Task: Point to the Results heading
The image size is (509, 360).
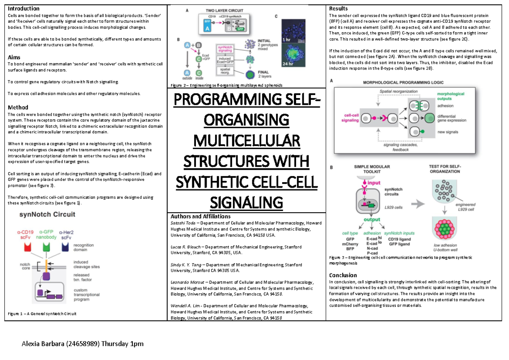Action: click(x=338, y=8)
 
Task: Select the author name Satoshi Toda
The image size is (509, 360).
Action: click(x=184, y=222)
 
